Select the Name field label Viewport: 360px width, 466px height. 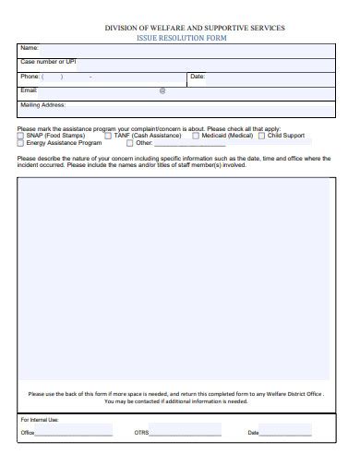[30, 48]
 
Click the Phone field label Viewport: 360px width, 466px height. [30, 77]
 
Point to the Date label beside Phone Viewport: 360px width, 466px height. [198, 77]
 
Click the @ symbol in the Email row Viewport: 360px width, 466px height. [162, 90]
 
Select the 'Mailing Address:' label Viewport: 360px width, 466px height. [42, 105]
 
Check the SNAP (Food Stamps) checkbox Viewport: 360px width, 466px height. [21, 136]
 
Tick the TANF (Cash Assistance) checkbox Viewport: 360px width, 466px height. [109, 136]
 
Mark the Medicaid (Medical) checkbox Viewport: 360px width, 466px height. [196, 136]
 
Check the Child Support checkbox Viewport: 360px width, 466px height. [262, 136]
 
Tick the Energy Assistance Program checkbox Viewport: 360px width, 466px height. [21, 143]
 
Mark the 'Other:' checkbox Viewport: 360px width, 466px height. [129, 143]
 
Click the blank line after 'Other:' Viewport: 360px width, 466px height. [175, 145]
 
